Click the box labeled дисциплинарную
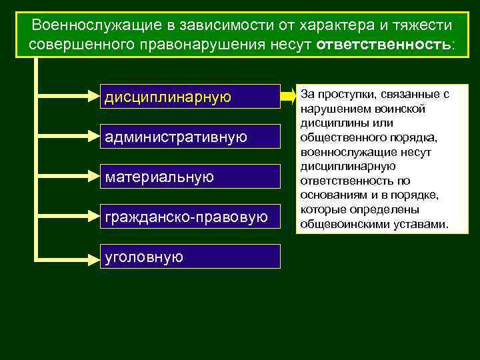[190, 97]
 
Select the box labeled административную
[190, 137]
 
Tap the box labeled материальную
[190, 177]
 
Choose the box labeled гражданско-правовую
[190, 217]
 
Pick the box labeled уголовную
[190, 257]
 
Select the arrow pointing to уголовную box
[67, 257]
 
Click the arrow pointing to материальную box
[67, 177]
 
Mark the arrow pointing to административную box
[67, 137]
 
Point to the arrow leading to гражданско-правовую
[67, 217]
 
